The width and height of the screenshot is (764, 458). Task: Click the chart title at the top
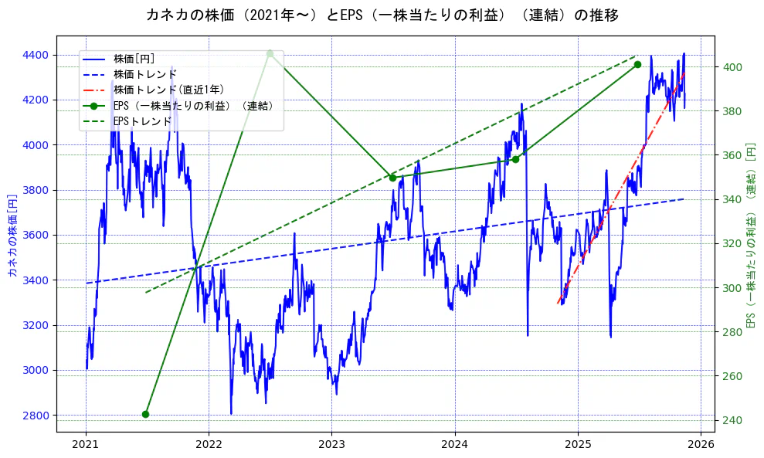[382, 15]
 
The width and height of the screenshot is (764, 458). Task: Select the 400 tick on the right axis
[731, 67]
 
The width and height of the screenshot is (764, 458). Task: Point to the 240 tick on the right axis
[731, 420]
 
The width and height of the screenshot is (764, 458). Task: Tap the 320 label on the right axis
[731, 244]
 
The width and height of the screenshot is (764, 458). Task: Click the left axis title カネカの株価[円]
[12, 235]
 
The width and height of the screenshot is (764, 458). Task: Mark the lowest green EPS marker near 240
[145, 414]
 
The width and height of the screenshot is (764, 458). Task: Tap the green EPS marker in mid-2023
[392, 178]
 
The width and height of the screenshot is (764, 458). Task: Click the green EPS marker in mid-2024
[515, 159]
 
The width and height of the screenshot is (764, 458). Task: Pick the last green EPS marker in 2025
[637, 64]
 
